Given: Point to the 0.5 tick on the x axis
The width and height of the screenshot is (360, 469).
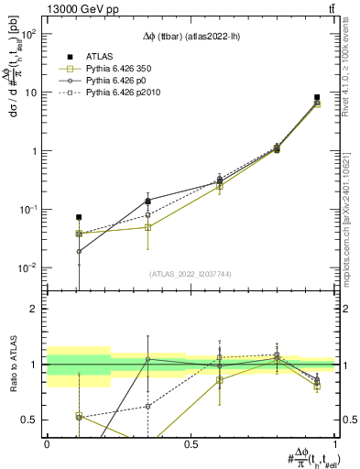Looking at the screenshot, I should coord(191,443).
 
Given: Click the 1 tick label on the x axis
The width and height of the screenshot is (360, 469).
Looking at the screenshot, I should coord(335,443).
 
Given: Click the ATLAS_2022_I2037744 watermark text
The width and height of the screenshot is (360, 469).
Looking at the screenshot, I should coord(191,274).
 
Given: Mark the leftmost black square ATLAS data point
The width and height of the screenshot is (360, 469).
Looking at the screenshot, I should coord(79,217).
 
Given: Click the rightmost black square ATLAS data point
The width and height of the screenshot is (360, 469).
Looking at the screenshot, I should coord(317,97).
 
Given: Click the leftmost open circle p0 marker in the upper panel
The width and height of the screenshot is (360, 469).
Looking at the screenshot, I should coord(79,251).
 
